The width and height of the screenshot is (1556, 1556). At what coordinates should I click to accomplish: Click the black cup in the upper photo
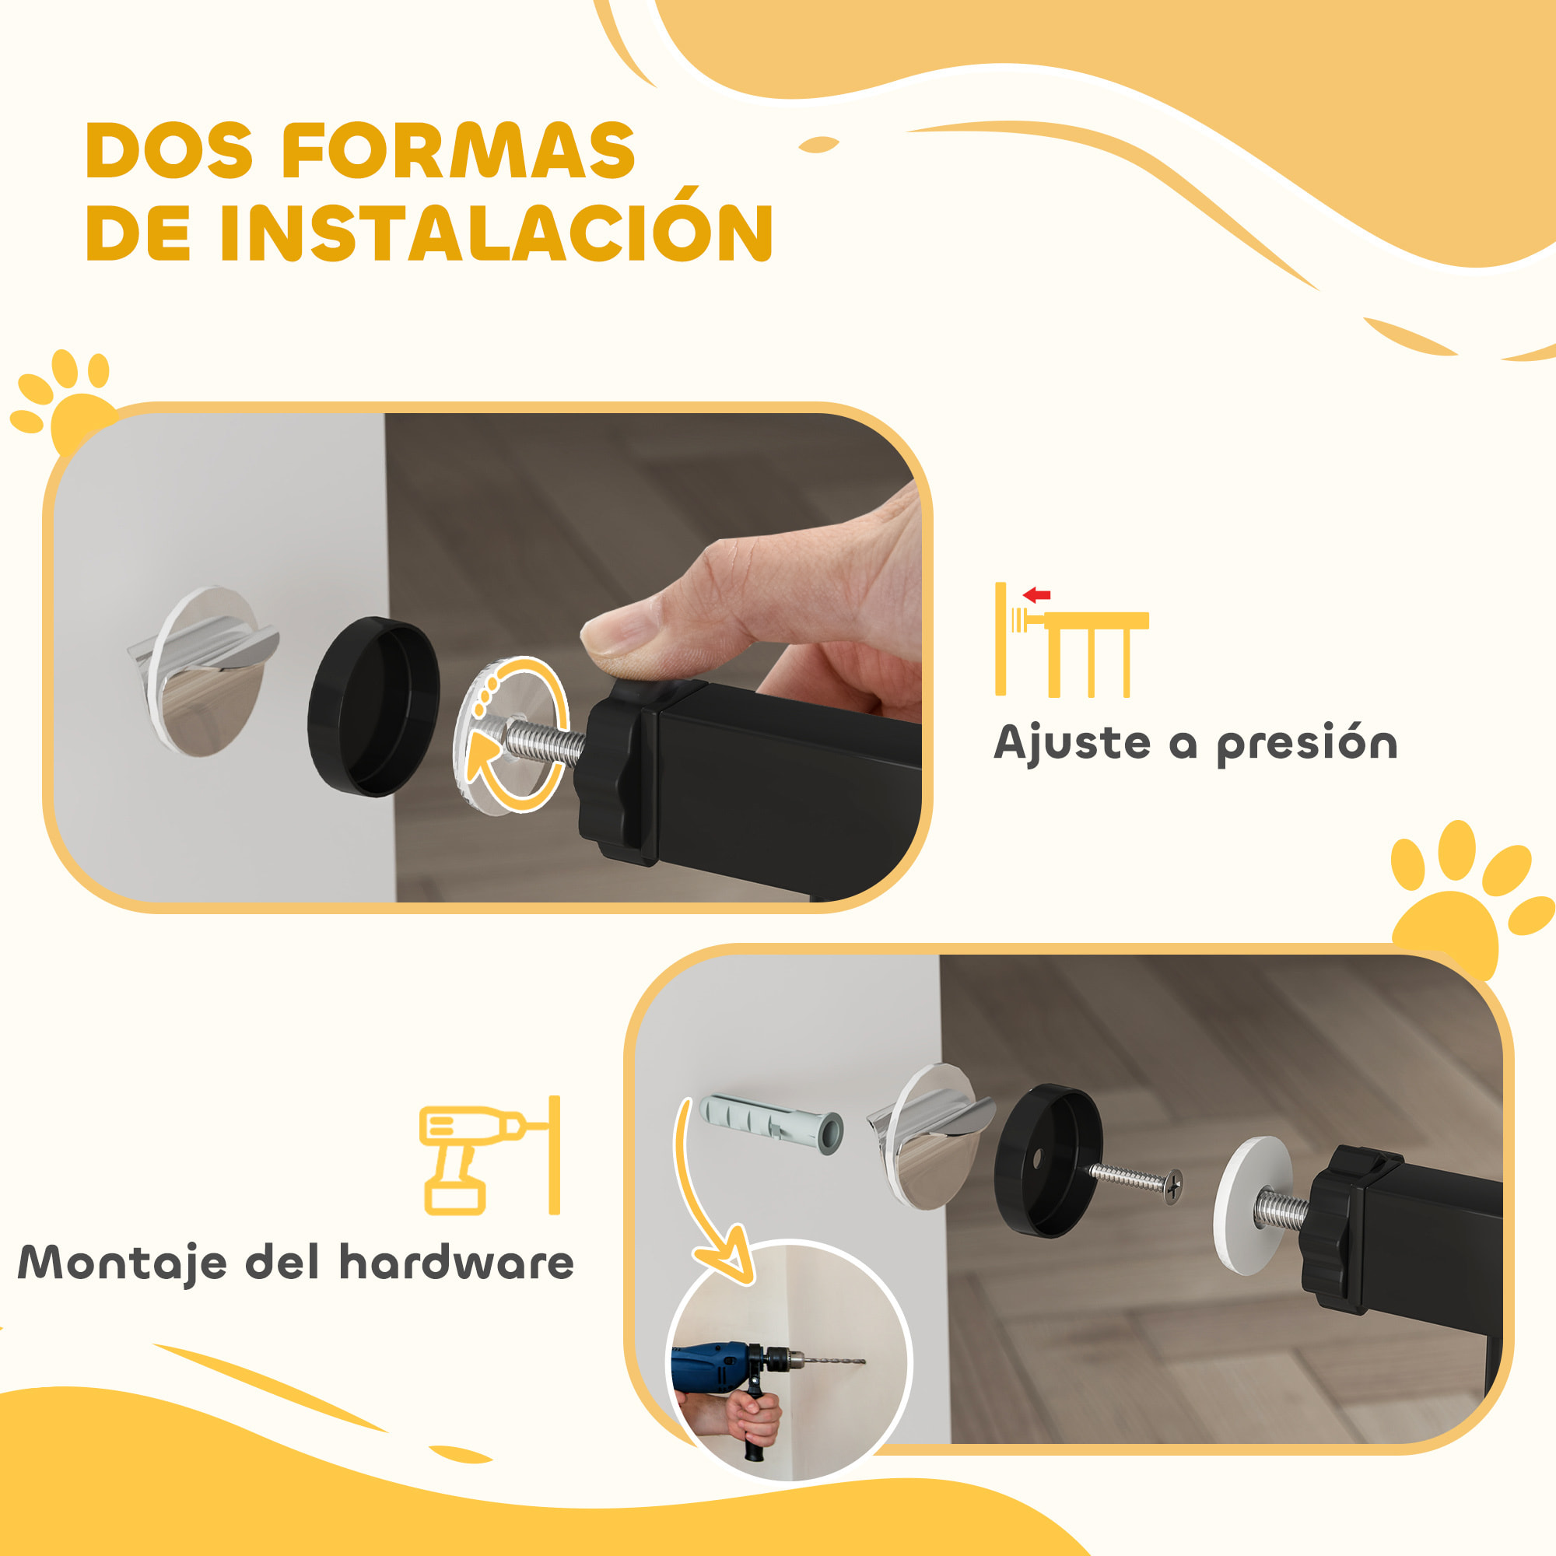373,707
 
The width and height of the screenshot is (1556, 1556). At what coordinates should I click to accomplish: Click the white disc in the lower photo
1250,1205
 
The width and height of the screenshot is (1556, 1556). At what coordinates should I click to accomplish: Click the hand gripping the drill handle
753,1421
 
